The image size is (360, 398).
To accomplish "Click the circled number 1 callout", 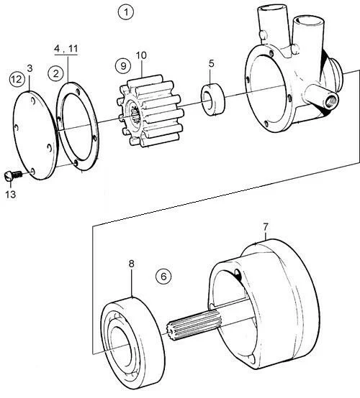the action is [126, 12].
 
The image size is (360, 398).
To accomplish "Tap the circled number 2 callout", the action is [55, 73].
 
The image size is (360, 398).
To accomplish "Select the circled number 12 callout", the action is [17, 80].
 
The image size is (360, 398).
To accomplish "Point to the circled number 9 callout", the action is [123, 66].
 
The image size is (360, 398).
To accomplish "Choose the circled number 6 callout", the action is [163, 277].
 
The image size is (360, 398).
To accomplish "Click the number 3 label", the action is [30, 68].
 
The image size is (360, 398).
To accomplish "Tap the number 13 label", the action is [11, 195].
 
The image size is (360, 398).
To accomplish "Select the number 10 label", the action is [141, 55].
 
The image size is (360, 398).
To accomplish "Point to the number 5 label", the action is [212, 63].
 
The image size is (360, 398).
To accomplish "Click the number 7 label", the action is [266, 228].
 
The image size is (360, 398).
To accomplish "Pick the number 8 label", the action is [131, 264].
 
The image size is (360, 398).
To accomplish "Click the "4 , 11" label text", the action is [66, 48].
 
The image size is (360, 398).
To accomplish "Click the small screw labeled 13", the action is [14, 175].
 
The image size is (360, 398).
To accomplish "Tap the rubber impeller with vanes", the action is [150, 111].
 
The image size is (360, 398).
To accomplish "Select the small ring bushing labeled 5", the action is [213, 99].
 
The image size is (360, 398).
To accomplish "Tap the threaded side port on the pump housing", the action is [330, 101].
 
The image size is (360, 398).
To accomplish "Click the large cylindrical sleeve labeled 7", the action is [264, 304].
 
